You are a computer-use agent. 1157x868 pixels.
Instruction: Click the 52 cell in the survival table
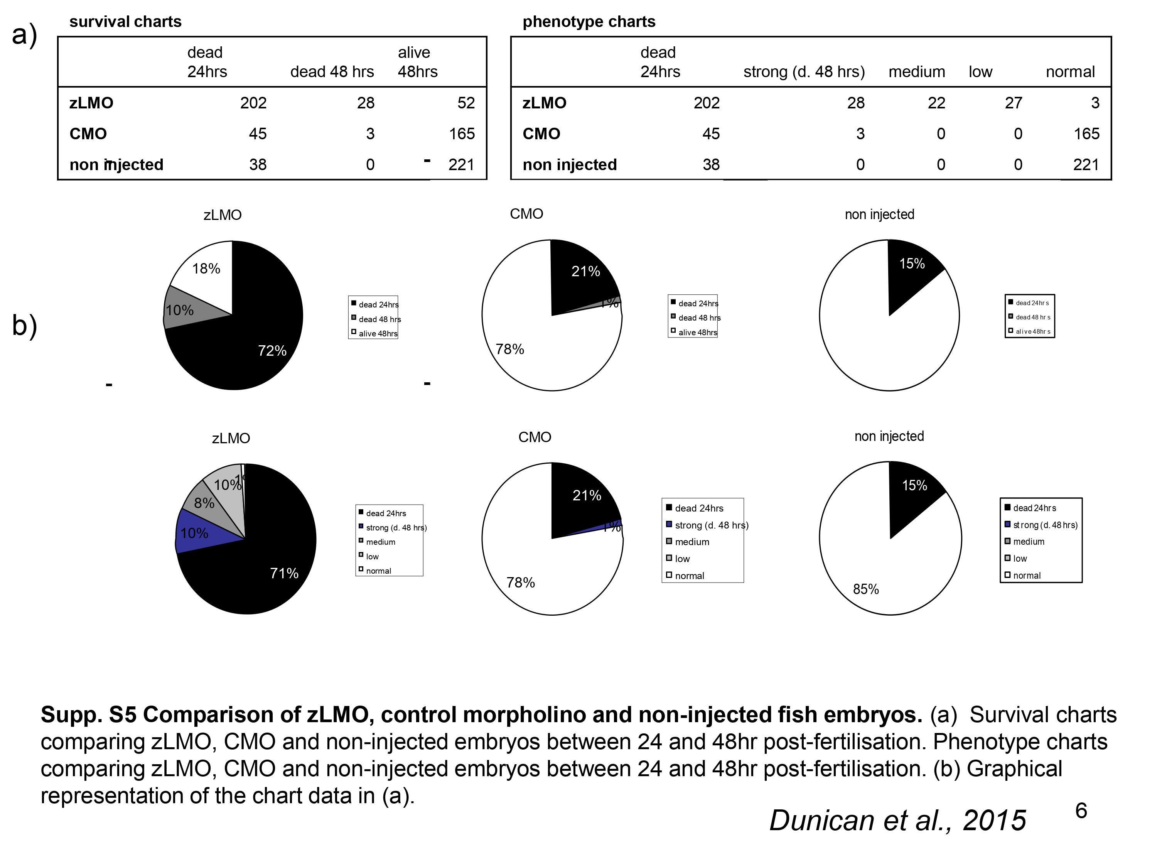[x=465, y=103]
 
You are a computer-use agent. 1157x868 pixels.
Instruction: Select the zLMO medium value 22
[x=936, y=103]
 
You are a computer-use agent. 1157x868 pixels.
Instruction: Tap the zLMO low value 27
[x=1013, y=103]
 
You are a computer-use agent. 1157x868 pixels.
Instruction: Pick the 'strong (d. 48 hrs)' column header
[x=804, y=72]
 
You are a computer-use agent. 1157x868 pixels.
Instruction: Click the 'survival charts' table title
[x=125, y=22]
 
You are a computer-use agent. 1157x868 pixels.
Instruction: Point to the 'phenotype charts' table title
[x=589, y=22]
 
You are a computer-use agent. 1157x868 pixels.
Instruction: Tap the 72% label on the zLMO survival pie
[x=272, y=351]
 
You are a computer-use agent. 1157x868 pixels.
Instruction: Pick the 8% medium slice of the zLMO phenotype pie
[x=204, y=503]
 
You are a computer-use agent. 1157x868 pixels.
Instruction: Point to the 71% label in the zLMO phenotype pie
[x=284, y=573]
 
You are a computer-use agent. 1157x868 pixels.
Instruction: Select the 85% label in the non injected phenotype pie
[x=866, y=589]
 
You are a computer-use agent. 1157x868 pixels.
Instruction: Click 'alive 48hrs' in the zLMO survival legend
[x=378, y=334]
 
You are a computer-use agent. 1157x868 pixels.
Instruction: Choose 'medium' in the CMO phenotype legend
[x=692, y=542]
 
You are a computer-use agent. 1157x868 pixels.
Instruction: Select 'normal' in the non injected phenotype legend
[x=1027, y=576]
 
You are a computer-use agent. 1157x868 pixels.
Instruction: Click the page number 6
[x=1081, y=811]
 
